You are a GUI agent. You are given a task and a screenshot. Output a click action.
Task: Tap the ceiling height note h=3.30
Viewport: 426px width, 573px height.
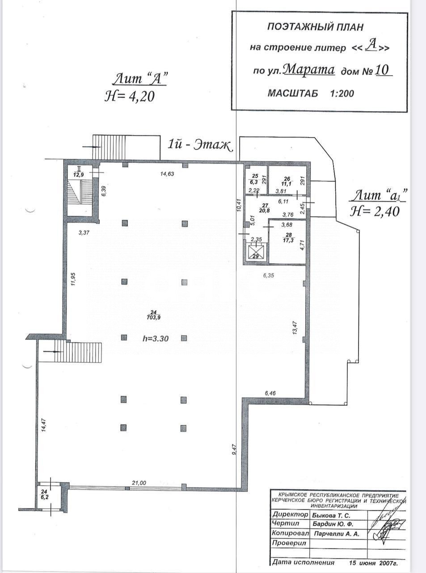(156, 339)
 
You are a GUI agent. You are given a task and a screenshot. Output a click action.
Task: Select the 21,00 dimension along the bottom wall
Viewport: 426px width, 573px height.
(139, 483)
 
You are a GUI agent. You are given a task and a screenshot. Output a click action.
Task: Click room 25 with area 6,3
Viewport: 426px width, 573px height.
(254, 179)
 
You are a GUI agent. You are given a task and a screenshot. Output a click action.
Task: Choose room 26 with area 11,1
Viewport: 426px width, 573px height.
(287, 181)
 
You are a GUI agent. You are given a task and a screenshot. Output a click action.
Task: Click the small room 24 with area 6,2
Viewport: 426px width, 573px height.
(44, 494)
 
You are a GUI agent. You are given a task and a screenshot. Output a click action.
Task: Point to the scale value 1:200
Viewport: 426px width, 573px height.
(342, 94)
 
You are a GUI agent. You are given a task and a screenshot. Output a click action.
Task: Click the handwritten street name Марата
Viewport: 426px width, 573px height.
(309, 70)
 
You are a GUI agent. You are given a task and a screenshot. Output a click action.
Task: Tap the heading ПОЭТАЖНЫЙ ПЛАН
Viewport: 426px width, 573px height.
(315, 27)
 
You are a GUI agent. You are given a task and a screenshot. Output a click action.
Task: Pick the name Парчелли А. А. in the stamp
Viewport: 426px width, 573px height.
(335, 534)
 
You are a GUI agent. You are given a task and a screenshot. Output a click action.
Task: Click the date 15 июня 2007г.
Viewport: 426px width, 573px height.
(374, 563)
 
